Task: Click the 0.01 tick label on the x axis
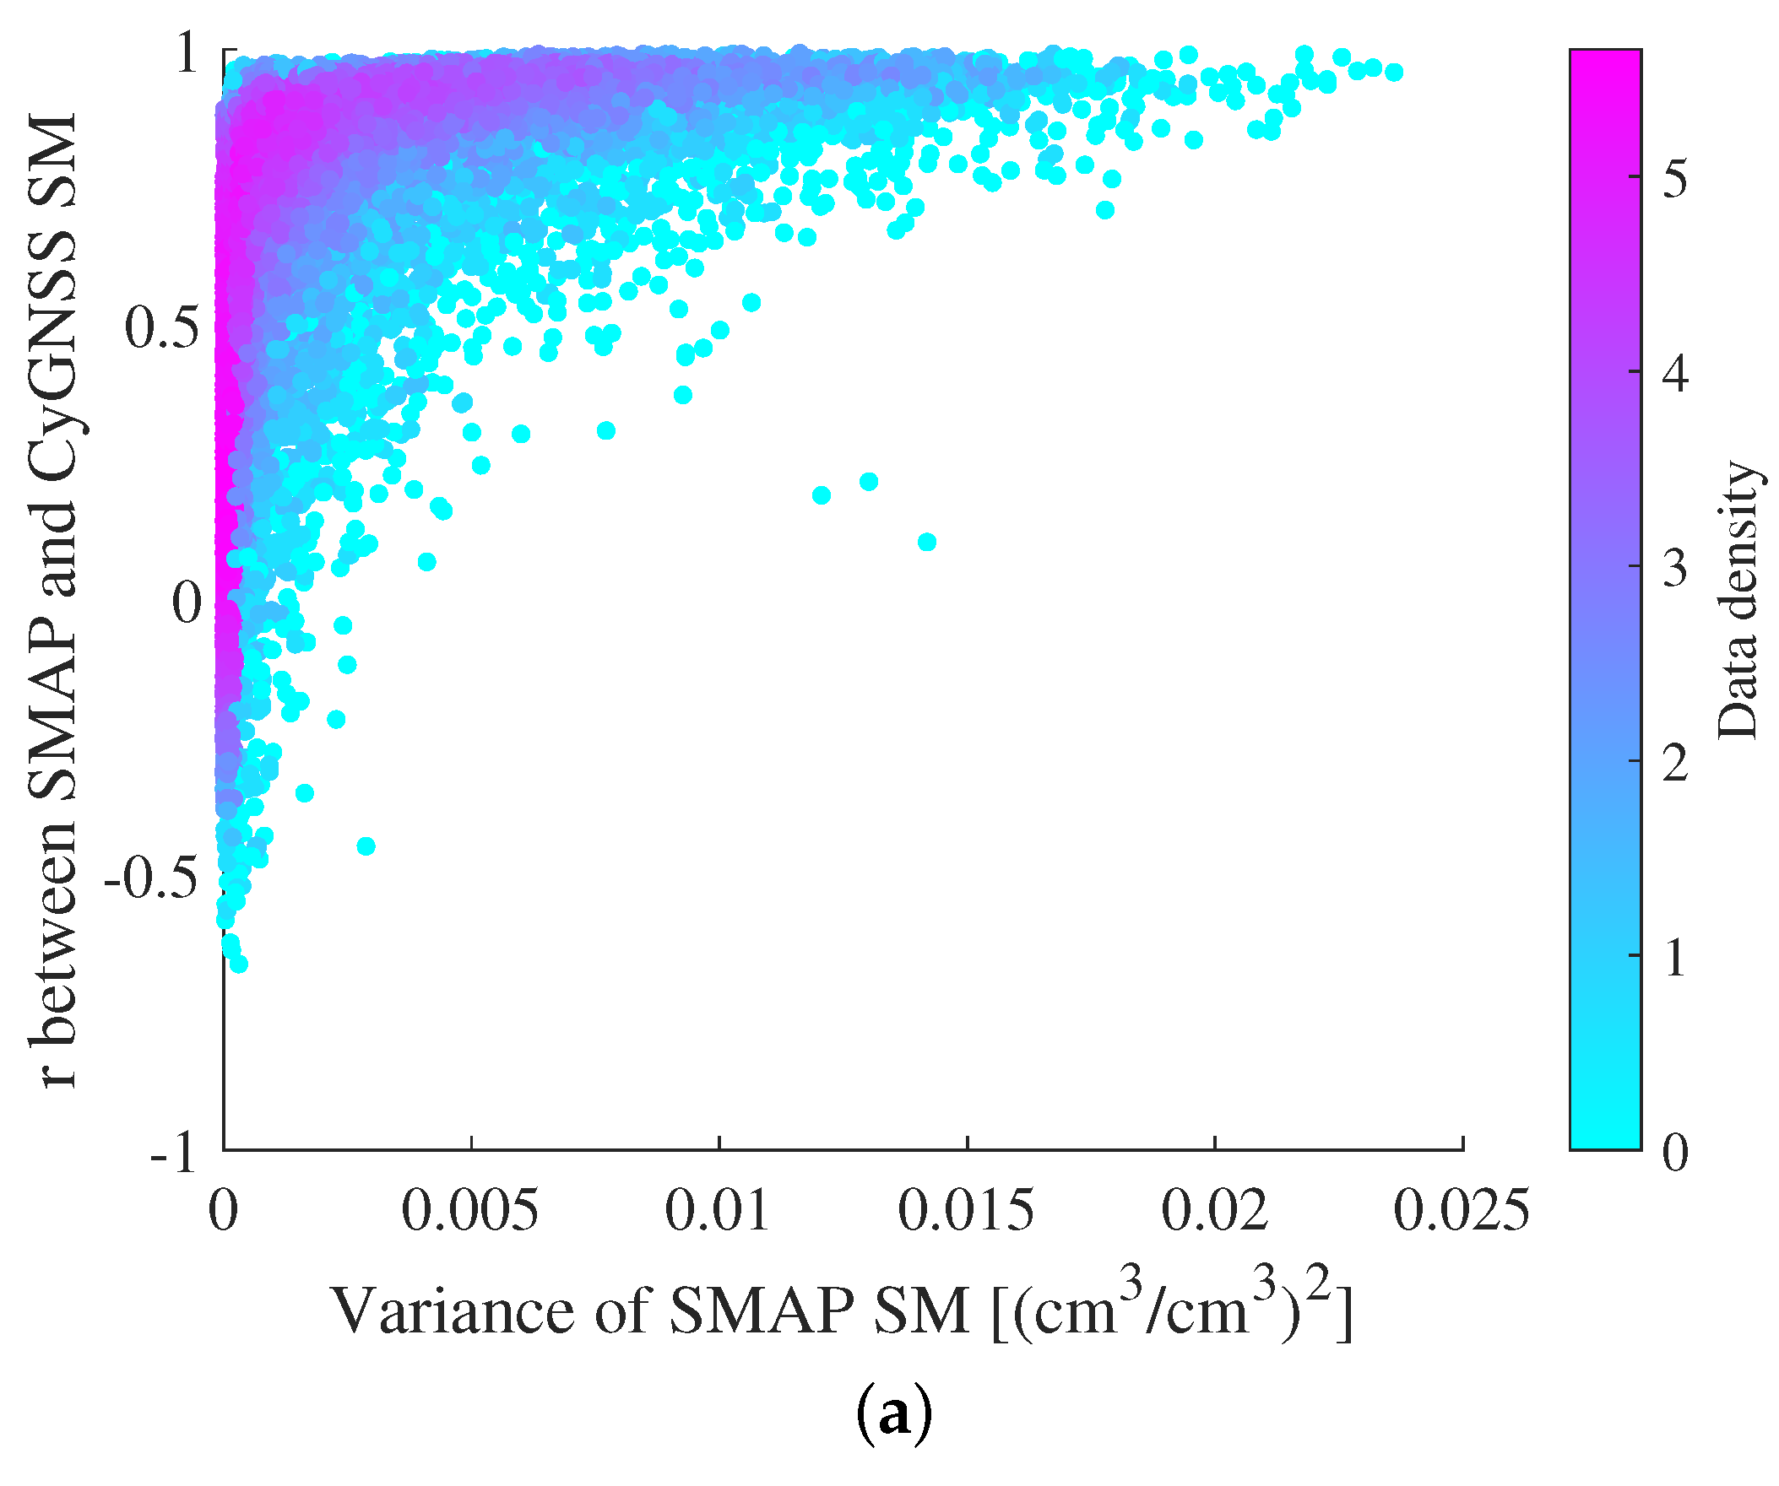point(718,1211)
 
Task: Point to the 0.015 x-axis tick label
point(966,1211)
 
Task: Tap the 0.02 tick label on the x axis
point(1214,1211)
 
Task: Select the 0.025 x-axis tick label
point(1462,1211)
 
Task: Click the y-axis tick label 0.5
point(163,327)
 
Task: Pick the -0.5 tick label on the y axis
point(151,878)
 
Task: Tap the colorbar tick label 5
point(1675,179)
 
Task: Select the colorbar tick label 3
point(1675,568)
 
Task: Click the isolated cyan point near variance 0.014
point(927,542)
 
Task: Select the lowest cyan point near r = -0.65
point(239,965)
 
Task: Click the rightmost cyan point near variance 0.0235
point(1393,72)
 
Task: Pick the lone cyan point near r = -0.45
point(366,846)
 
